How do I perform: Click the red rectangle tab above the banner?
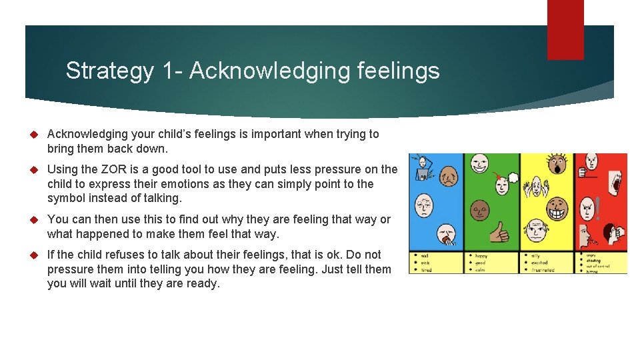pos(565,29)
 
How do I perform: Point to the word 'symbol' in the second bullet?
pos(67,198)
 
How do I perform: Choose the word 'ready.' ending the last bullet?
pos(201,283)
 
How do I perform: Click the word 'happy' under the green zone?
pos(482,255)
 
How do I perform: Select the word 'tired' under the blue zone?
pos(426,269)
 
